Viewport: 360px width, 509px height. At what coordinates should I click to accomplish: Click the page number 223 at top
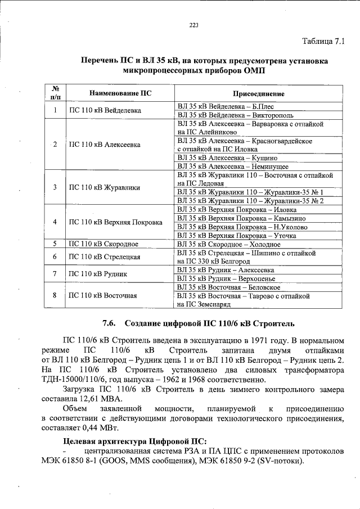pos(194,24)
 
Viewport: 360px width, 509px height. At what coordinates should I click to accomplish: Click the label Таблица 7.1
pos(326,41)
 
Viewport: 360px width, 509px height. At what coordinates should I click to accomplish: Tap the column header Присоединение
pos(259,93)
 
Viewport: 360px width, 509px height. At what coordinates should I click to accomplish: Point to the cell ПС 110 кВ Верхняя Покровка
pos(115,222)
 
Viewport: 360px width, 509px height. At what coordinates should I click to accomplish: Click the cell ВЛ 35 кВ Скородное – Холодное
pos(228,244)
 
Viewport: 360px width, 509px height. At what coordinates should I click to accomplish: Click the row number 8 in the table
pos(55,295)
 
